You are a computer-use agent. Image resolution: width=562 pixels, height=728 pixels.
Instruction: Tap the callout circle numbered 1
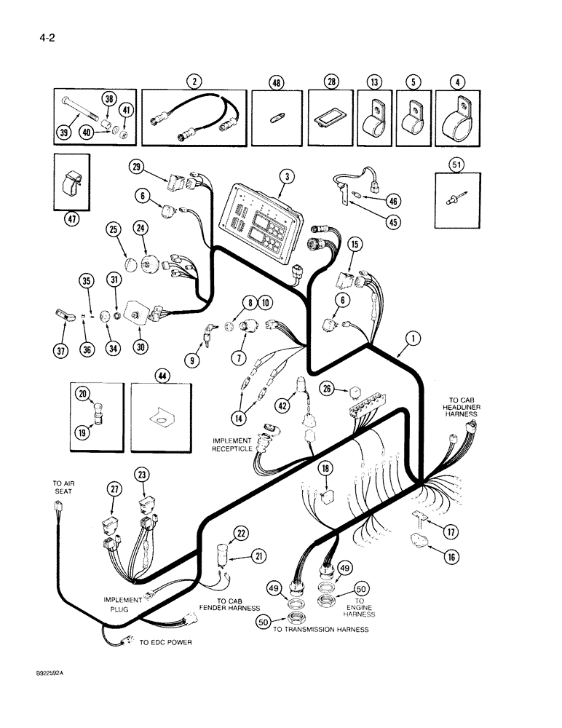(x=413, y=338)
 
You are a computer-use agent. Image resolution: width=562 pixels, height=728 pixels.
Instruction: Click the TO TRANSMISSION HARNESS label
(x=321, y=629)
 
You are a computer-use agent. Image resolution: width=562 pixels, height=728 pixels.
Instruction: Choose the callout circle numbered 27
(x=114, y=489)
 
